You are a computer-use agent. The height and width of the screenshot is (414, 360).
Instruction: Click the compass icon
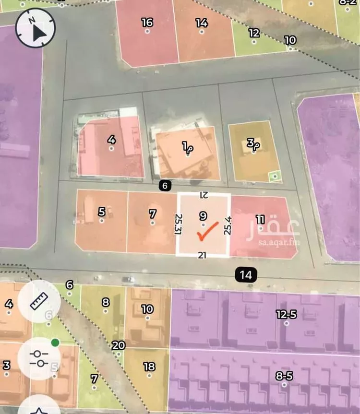click(x=36, y=29)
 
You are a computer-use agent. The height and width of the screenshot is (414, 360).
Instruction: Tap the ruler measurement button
click(x=39, y=301)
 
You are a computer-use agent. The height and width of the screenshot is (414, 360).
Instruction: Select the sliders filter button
click(x=39, y=358)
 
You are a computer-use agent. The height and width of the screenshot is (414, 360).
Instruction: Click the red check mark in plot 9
click(x=207, y=233)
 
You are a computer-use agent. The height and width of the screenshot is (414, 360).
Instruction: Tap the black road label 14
click(x=246, y=275)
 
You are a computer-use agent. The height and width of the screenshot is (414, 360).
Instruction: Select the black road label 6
click(x=164, y=186)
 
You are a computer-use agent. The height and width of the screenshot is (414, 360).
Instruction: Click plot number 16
click(x=147, y=22)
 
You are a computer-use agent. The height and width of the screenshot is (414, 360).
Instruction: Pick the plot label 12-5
click(x=286, y=314)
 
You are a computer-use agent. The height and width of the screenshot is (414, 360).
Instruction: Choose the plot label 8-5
click(x=284, y=376)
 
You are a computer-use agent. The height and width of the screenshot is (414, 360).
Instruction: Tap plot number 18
click(x=149, y=367)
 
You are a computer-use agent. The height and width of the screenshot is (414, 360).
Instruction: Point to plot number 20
click(x=118, y=345)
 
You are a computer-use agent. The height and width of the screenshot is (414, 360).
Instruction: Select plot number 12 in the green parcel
click(x=254, y=33)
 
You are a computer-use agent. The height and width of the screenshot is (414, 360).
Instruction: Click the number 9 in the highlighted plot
click(x=203, y=216)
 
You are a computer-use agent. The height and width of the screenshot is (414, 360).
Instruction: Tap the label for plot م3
click(x=252, y=143)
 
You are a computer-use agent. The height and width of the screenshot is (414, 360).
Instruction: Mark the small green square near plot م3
click(x=275, y=177)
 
